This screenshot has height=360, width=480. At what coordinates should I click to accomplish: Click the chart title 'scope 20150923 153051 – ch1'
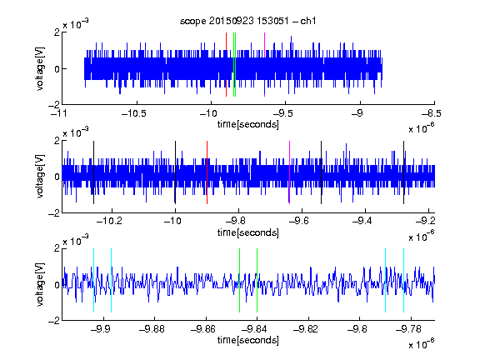pyautogui.click(x=248, y=21)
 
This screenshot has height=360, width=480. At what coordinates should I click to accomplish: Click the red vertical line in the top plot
pyautogui.click(x=226, y=65)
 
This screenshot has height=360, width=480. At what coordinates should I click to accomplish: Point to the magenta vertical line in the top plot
pyautogui.click(x=264, y=65)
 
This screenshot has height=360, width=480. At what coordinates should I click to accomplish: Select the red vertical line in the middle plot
pyautogui.click(x=207, y=172)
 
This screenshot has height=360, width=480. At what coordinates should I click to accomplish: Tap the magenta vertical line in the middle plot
pyautogui.click(x=289, y=172)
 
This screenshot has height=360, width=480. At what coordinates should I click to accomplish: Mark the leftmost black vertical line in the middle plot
pyautogui.click(x=93, y=172)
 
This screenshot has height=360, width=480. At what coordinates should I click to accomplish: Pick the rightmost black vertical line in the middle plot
pyautogui.click(x=403, y=172)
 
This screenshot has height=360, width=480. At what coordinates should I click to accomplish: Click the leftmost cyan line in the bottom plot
pyautogui.click(x=93, y=280)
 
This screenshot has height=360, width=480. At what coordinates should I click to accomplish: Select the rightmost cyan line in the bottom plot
pyautogui.click(x=403, y=280)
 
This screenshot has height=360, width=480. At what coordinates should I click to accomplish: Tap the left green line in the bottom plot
pyautogui.click(x=239, y=280)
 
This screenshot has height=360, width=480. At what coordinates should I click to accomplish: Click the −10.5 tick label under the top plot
pyautogui.click(x=134, y=113)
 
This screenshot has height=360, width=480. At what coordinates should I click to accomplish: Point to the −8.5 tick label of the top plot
pyautogui.click(x=432, y=113)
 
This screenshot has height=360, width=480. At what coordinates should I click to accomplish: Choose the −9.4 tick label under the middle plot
pyautogui.click(x=362, y=221)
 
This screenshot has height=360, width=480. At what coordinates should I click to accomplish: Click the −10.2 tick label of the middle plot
pyautogui.click(x=109, y=221)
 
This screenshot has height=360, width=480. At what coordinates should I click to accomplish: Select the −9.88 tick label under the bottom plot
pyautogui.click(x=152, y=329)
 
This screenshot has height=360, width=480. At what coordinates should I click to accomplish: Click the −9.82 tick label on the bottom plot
pyautogui.click(x=306, y=329)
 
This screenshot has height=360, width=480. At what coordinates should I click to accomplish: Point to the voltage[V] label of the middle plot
pyautogui.click(x=40, y=177)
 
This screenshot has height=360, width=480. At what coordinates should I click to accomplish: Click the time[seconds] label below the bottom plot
pyautogui.click(x=248, y=340)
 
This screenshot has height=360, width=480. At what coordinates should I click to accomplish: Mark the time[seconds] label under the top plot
pyautogui.click(x=248, y=124)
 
